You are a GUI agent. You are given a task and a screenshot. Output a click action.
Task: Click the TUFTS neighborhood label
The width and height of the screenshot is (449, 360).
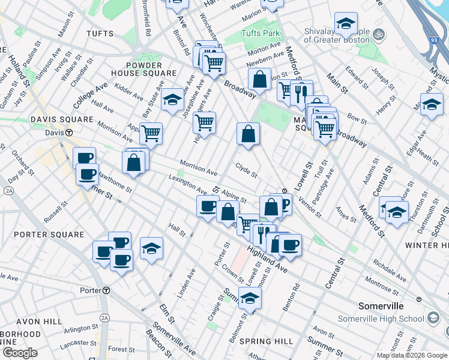click(100, 33)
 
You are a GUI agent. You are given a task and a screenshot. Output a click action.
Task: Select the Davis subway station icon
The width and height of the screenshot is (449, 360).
click(69, 132)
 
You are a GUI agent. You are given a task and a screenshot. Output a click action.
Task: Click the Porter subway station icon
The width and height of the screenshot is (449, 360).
click(106, 290)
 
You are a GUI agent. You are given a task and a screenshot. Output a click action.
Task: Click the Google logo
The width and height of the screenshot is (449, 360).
click(20, 352)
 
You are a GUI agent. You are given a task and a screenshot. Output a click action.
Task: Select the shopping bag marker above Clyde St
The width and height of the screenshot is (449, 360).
click(248, 134)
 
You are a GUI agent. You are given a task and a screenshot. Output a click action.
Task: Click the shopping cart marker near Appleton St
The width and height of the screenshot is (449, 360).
click(151, 133)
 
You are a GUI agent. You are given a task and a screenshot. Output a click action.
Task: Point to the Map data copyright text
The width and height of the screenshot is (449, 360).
click(412, 355)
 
